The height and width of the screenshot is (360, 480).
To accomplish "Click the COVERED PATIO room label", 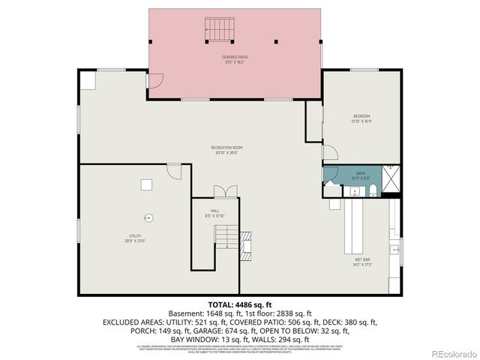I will click(x=235, y=59).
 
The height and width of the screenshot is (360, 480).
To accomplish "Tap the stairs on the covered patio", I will click(x=219, y=30).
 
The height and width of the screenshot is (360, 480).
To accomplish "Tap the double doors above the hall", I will click(x=224, y=191).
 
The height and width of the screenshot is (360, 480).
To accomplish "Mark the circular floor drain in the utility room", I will click(x=148, y=217).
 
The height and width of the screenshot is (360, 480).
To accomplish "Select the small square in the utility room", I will click(x=147, y=184).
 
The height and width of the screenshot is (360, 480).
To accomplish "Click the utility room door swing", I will click(x=174, y=172).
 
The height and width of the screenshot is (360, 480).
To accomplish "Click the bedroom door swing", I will click(x=329, y=152).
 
